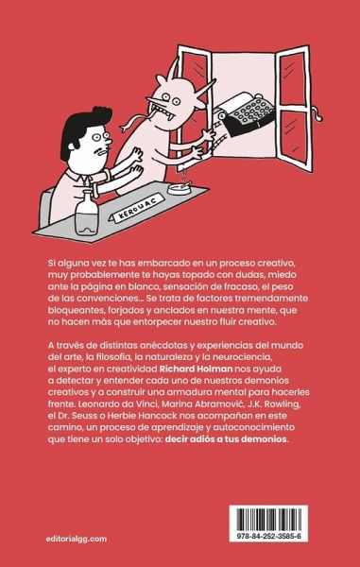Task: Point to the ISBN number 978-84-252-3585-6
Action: (268, 537)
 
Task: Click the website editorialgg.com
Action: (77, 539)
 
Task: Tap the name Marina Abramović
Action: (179, 404)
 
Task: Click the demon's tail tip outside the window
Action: (318, 116)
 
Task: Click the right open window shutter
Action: (294, 108)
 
